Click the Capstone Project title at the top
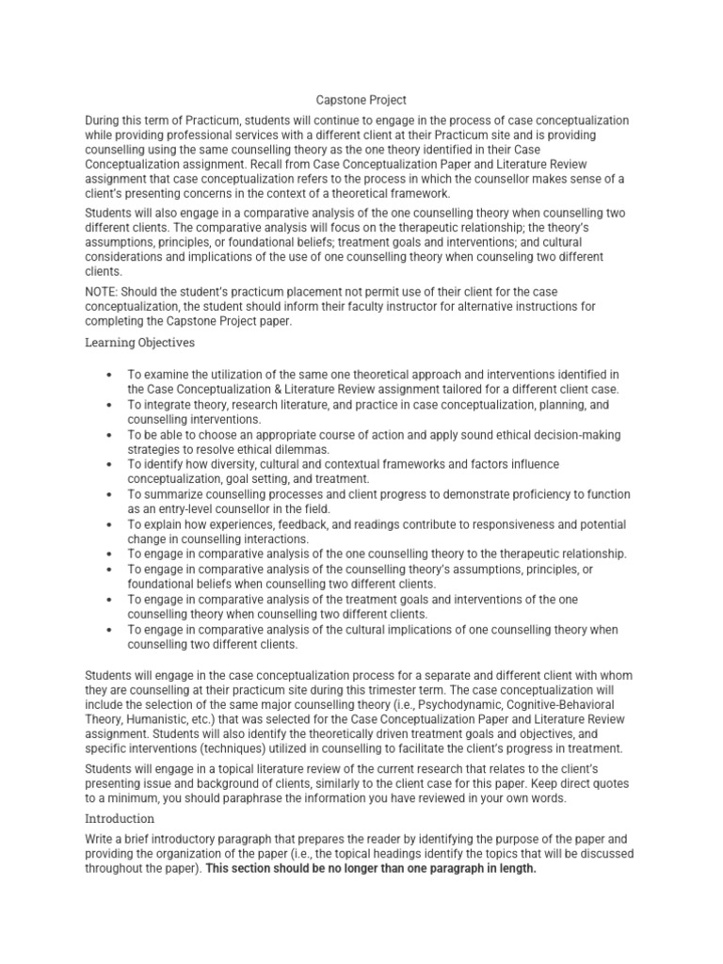coord(361,100)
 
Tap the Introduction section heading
coord(120,818)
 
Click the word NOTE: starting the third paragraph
coord(103,292)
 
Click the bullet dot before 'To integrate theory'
coord(111,404)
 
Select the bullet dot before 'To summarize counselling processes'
coord(111,494)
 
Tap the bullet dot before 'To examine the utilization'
coord(111,374)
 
